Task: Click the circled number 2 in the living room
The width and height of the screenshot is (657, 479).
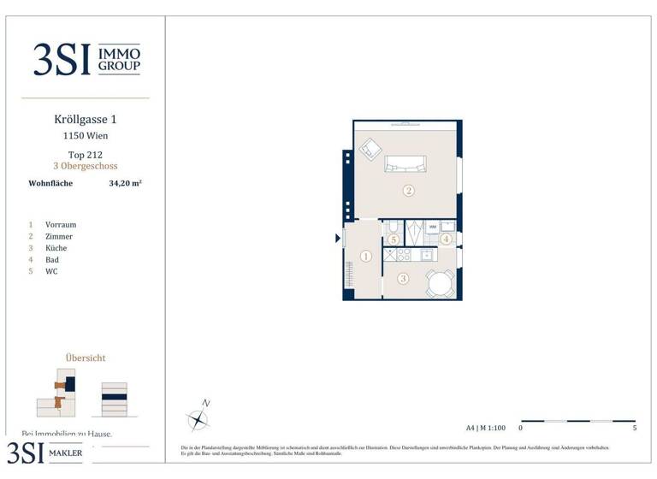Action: [409, 191]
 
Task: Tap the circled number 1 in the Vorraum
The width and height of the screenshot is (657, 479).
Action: [365, 256]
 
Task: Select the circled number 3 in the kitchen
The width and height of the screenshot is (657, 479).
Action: [403, 278]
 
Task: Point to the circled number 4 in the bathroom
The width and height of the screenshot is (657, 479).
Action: [446, 239]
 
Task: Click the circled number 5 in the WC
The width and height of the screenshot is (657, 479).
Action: [393, 239]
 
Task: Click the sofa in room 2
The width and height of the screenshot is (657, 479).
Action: [405, 163]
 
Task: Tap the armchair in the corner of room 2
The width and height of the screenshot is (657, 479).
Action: [370, 149]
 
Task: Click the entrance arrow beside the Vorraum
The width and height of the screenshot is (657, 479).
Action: [338, 239]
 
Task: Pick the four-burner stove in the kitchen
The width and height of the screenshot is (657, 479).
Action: [404, 255]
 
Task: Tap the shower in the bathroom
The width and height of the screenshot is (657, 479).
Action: [414, 229]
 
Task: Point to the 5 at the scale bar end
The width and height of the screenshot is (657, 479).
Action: [634, 428]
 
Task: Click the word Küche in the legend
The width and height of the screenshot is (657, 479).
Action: [57, 248]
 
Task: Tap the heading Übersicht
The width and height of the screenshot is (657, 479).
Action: [86, 358]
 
